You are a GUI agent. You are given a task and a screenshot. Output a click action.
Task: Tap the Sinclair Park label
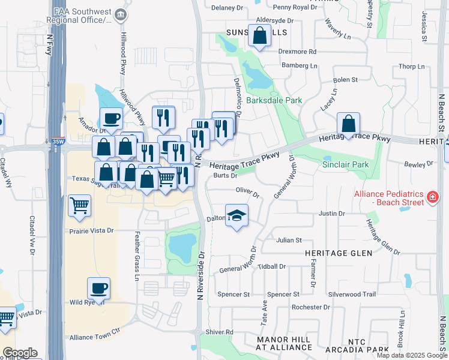click(345, 164)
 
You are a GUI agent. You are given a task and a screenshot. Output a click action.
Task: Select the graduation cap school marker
click(237, 215)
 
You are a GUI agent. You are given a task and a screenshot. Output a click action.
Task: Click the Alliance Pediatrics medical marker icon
click(432, 197)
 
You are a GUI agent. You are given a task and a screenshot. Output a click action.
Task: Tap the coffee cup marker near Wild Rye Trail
click(98, 288)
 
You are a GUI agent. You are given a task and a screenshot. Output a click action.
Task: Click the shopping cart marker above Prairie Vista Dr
click(79, 205)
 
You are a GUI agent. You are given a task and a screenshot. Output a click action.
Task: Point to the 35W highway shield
click(58, 142)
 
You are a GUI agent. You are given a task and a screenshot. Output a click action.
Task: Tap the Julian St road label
click(289, 240)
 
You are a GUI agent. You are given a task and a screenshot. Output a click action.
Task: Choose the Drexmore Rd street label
click(297, 52)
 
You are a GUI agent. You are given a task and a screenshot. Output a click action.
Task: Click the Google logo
click(20, 353)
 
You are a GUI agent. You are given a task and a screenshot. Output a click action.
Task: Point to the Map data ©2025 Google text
click(412, 355)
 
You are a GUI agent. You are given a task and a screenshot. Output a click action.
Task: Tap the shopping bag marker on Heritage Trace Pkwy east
click(348, 124)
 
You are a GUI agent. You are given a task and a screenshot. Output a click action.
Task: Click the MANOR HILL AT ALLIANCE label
click(283, 343)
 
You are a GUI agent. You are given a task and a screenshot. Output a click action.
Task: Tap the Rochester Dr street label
click(310, 307)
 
